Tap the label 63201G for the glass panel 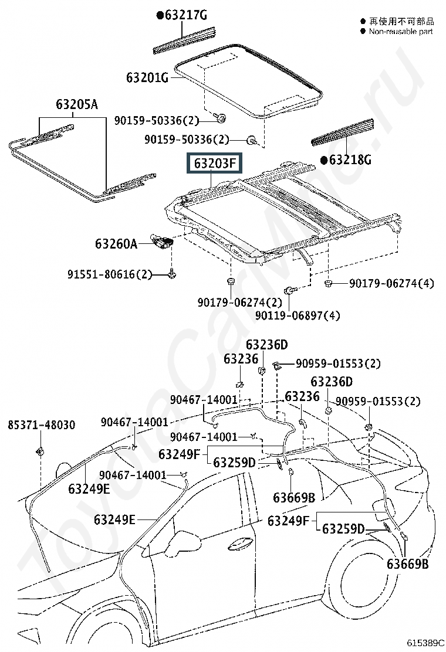click(x=147, y=77)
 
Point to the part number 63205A click(x=77, y=105)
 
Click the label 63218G click(x=350, y=159)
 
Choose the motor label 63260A click(x=116, y=243)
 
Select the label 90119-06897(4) click(x=298, y=315)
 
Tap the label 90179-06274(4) click(x=391, y=284)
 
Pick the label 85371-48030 click(x=41, y=425)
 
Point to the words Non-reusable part click(x=401, y=31)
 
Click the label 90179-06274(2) click(x=239, y=303)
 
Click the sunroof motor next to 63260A click(x=163, y=240)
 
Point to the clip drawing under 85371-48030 click(x=41, y=451)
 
